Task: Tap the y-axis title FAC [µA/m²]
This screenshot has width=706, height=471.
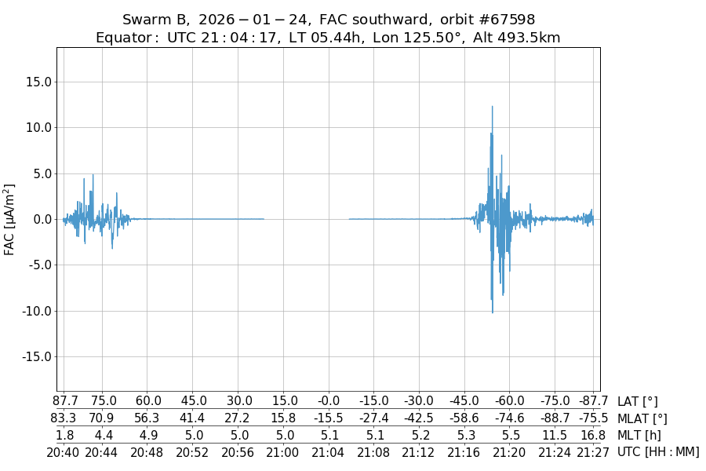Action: [x=10, y=219]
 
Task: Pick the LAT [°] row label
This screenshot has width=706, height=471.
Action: [x=638, y=401]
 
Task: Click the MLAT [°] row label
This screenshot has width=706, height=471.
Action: [x=642, y=418]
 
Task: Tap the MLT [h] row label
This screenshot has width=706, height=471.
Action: [x=639, y=435]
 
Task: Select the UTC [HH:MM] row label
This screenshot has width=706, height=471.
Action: [x=658, y=452]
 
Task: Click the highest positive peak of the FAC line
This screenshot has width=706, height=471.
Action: [x=493, y=107]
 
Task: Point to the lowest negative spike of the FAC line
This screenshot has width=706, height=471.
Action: [x=493, y=312]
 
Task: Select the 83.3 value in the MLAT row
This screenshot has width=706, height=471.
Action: [x=64, y=418]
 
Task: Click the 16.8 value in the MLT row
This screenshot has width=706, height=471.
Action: [x=593, y=435]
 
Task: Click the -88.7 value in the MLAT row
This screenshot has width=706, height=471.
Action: [x=555, y=418]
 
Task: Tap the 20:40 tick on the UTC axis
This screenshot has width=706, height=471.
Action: [x=64, y=452]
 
